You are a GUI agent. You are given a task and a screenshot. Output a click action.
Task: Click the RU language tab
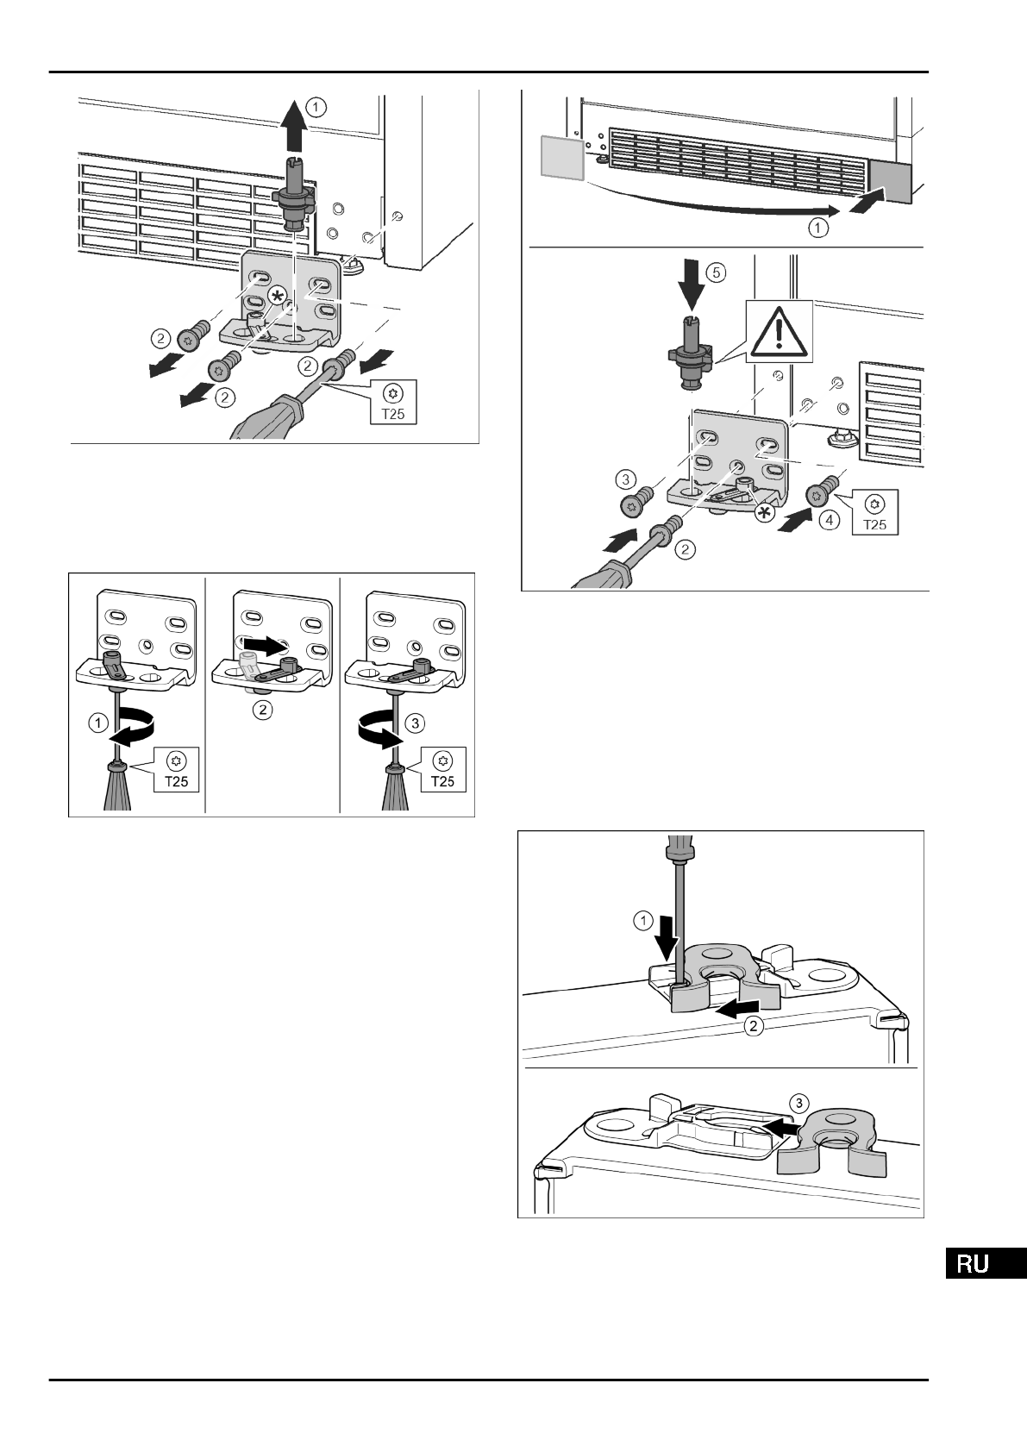click(x=986, y=1263)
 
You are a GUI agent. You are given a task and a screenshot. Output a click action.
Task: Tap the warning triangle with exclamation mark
click(x=780, y=331)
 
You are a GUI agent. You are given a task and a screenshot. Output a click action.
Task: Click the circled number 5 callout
click(x=717, y=272)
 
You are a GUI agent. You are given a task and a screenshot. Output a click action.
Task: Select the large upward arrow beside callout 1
click(x=295, y=124)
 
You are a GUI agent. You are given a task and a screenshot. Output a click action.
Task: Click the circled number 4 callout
click(x=830, y=521)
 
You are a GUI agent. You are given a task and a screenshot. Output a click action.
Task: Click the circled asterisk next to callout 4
click(x=762, y=512)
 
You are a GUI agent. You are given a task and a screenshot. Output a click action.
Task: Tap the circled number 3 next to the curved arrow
click(x=415, y=723)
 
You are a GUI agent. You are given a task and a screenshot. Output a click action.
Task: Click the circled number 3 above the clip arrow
click(x=801, y=1103)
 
